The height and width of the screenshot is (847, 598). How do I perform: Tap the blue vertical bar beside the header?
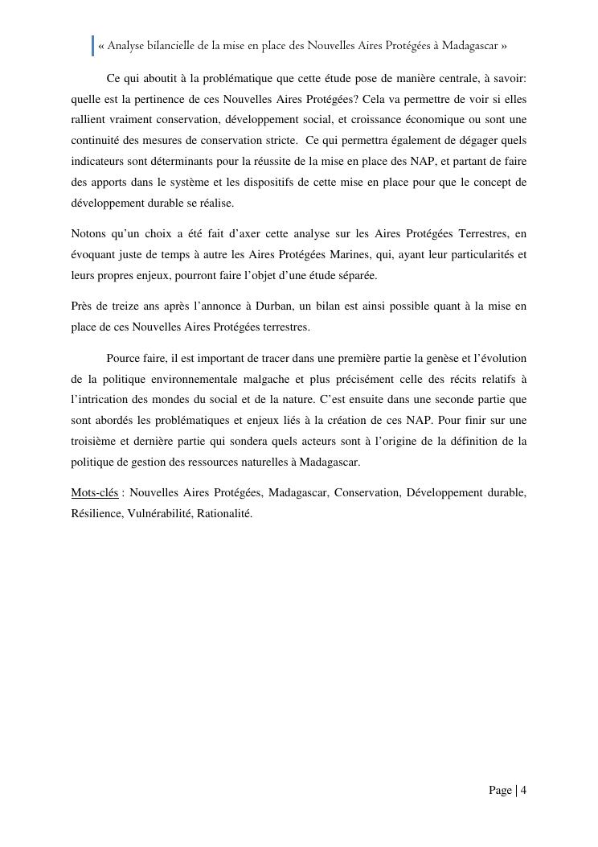(x=92, y=46)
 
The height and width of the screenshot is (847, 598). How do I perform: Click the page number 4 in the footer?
(x=523, y=791)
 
